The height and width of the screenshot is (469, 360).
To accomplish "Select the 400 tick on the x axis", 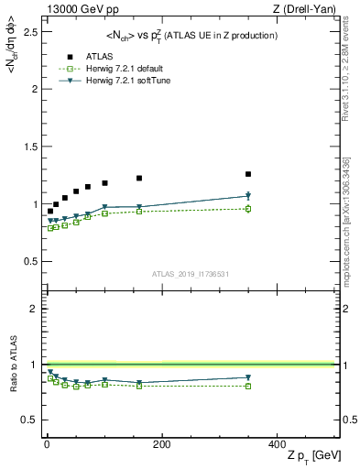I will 276,444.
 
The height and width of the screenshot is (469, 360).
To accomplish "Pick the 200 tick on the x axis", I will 161,444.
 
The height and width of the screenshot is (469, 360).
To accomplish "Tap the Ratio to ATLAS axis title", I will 14,366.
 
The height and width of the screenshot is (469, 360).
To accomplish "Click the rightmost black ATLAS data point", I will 248,174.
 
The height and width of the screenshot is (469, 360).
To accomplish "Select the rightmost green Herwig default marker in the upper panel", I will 248,209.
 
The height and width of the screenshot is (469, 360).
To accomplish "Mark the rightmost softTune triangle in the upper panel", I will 248,196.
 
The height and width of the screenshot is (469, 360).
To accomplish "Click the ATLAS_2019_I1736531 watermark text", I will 190,274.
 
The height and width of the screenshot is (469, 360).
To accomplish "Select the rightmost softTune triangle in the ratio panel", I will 248,377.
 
